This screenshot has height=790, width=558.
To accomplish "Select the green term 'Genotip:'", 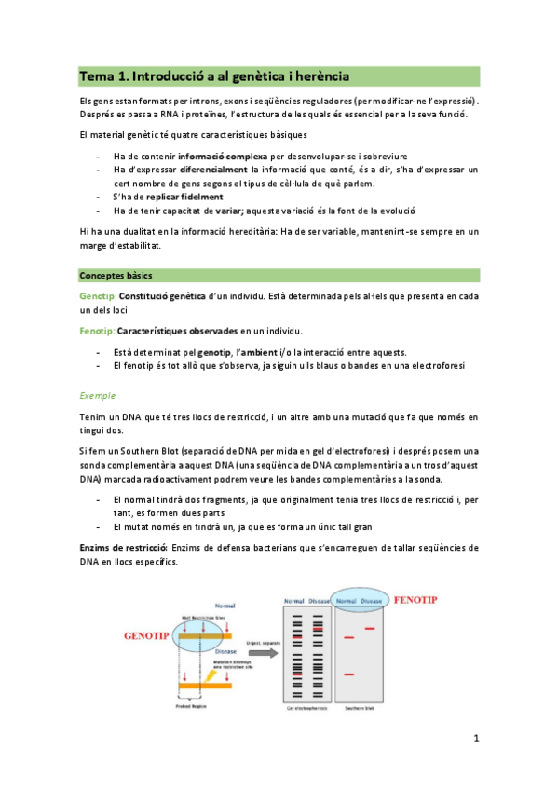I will coord(98,295).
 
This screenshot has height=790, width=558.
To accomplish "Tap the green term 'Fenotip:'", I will coord(97,331).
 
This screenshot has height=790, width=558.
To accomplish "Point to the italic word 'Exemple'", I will coord(97,395).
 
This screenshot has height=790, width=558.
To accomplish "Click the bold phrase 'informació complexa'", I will coord(223,156).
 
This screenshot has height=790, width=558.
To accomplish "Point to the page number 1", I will coord(476,739).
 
